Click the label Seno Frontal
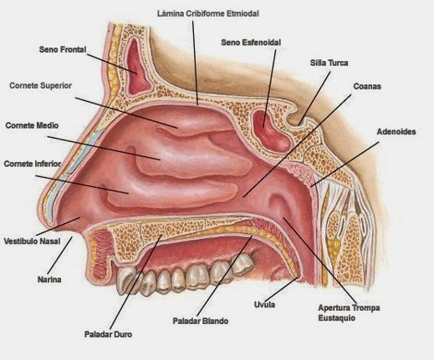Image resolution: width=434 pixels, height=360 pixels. point(63,49)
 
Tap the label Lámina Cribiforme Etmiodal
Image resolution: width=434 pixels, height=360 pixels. point(208,13)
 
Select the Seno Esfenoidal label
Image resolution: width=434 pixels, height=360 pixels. point(251,43)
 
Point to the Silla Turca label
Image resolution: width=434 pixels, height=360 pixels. point(329,63)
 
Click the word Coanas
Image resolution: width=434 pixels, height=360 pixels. point(367,86)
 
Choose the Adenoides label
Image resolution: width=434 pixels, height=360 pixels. point(396,131)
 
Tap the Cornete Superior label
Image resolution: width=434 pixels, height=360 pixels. point(41,85)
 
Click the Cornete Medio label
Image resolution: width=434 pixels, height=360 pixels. point(32,125)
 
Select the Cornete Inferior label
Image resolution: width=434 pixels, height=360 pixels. point(33,164)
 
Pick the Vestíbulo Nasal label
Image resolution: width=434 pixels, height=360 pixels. point(32,241)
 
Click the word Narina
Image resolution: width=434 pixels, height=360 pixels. point(49,279)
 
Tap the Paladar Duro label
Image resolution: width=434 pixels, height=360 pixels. point(108,334)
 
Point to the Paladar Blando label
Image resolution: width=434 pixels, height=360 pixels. point(201,321)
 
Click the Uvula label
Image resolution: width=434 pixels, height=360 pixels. point(264,304)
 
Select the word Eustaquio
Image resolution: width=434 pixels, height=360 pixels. point(337,317)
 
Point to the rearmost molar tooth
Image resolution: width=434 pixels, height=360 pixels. point(242,264)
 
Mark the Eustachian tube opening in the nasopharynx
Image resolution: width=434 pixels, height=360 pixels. point(278,206)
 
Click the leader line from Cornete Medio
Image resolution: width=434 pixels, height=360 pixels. point(104,148)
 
